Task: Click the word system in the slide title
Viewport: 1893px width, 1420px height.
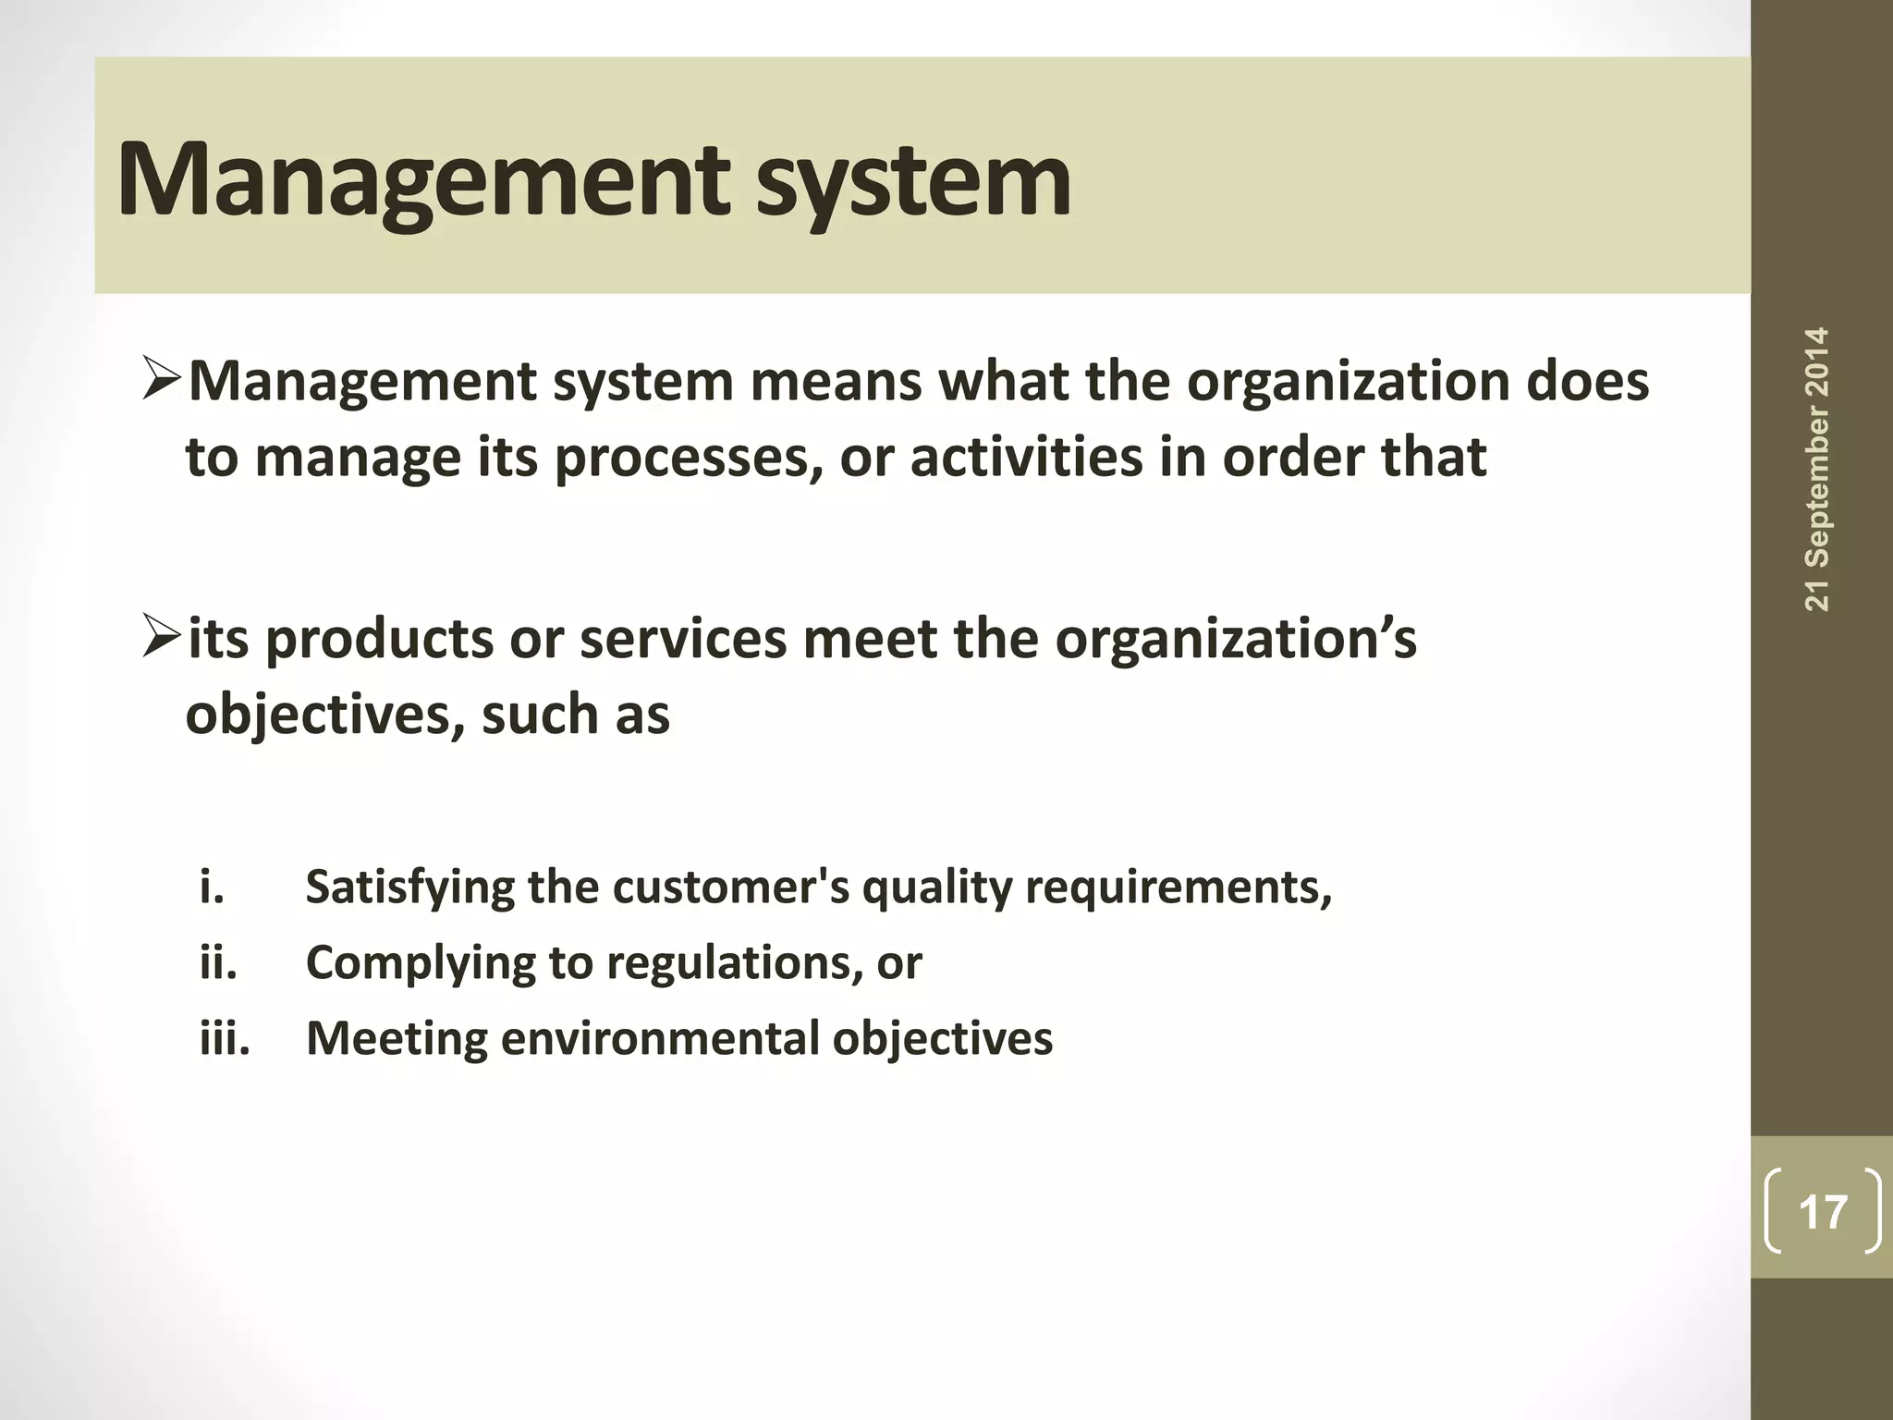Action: pos(913,181)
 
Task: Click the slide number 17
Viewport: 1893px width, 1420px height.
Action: pos(1823,1211)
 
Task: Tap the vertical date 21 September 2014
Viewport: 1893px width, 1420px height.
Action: pos(1817,470)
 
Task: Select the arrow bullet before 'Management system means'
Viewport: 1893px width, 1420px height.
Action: pos(164,382)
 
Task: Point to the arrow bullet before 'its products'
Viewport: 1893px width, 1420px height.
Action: pos(164,640)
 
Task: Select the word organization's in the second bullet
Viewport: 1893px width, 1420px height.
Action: pos(1235,640)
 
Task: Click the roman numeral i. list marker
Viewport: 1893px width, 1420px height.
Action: pos(212,887)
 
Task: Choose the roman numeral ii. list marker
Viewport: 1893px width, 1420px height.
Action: pos(218,962)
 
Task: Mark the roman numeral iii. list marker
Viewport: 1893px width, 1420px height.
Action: pos(225,1038)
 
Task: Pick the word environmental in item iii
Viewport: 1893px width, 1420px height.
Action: pos(658,1038)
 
